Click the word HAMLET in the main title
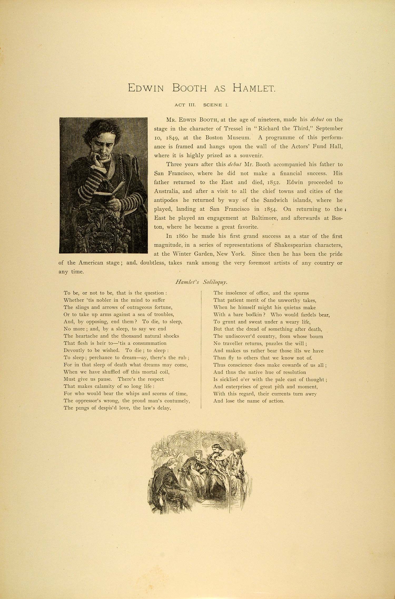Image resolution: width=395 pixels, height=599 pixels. point(254,88)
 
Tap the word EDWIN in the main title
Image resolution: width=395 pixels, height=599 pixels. point(146,88)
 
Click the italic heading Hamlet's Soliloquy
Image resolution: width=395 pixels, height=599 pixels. point(201,282)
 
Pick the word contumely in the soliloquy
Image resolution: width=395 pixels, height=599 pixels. point(177,401)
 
